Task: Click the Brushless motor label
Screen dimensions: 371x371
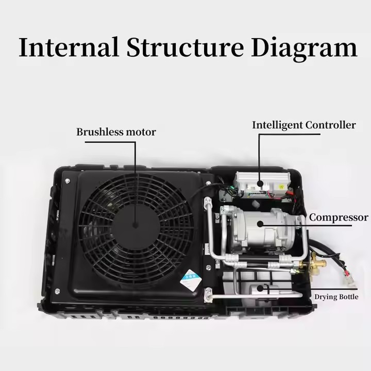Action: (116, 132)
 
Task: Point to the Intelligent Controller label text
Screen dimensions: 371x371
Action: (303, 125)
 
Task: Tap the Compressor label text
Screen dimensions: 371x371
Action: (339, 217)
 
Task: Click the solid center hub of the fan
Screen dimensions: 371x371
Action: (135, 225)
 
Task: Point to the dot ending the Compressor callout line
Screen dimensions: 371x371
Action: (261, 223)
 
